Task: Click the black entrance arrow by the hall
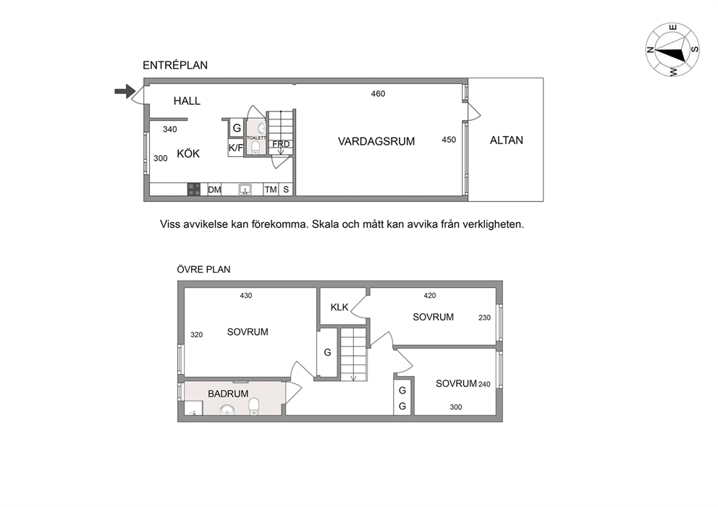[124, 91]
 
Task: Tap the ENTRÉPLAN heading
[175, 65]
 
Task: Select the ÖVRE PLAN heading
[204, 270]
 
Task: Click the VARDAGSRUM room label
[376, 141]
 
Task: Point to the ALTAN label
[507, 140]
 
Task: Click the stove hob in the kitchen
[194, 189]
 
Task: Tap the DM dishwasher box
[214, 189]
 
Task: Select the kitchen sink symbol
[245, 189]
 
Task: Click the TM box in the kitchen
[271, 189]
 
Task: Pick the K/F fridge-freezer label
[236, 148]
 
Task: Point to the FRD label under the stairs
[281, 144]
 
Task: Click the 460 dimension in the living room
[378, 94]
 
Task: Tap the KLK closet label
[339, 307]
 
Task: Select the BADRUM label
[228, 393]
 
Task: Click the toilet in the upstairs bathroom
[253, 406]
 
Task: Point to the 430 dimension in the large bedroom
[246, 296]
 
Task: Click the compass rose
[672, 49]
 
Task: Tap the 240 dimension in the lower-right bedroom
[484, 384]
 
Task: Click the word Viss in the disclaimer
[169, 225]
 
